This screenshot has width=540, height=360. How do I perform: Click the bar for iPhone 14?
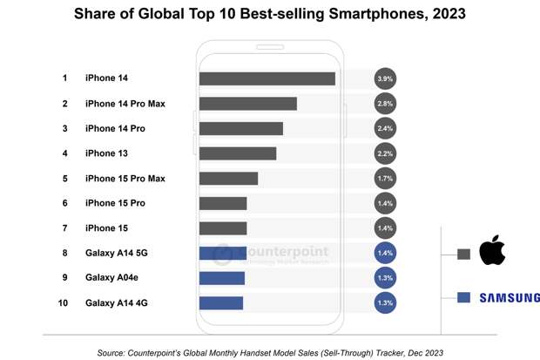pyautogui.click(x=267, y=78)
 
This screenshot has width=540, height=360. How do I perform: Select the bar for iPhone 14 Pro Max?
pyautogui.click(x=247, y=104)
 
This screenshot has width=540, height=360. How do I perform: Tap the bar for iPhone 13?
pyautogui.click(x=237, y=153)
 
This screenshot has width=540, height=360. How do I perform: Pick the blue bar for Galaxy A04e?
pyautogui.click(x=221, y=278)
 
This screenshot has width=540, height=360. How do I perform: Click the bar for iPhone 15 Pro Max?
pyautogui.click(x=228, y=179)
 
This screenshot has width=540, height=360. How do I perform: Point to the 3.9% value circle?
pyautogui.click(x=385, y=78)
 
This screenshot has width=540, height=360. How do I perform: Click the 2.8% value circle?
pyautogui.click(x=385, y=104)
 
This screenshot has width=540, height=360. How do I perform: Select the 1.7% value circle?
pyautogui.click(x=385, y=179)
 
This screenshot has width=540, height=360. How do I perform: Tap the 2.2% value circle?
pyautogui.click(x=385, y=153)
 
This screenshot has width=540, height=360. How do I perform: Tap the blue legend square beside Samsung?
pyautogui.click(x=464, y=297)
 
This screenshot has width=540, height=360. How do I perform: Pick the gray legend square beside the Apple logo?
pyautogui.click(x=464, y=255)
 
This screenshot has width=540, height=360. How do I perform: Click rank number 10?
pyautogui.click(x=64, y=303)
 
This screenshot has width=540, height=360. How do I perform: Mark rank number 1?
pyautogui.click(x=64, y=78)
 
